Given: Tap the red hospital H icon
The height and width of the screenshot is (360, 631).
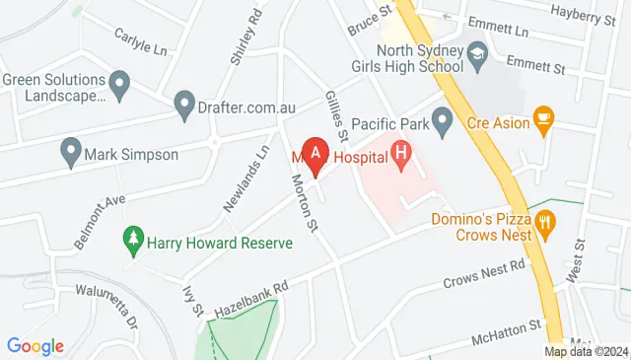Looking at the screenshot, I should (x=401, y=153).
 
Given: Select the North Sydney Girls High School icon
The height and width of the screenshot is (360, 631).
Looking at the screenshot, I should (x=478, y=51).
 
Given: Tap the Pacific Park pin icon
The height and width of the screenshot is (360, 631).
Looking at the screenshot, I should (x=443, y=123).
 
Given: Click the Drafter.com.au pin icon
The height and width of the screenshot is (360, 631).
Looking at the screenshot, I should (x=183, y=102).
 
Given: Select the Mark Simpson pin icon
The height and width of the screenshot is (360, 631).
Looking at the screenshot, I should (x=70, y=154).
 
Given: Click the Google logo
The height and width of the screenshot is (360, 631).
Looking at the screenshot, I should (x=35, y=346).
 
